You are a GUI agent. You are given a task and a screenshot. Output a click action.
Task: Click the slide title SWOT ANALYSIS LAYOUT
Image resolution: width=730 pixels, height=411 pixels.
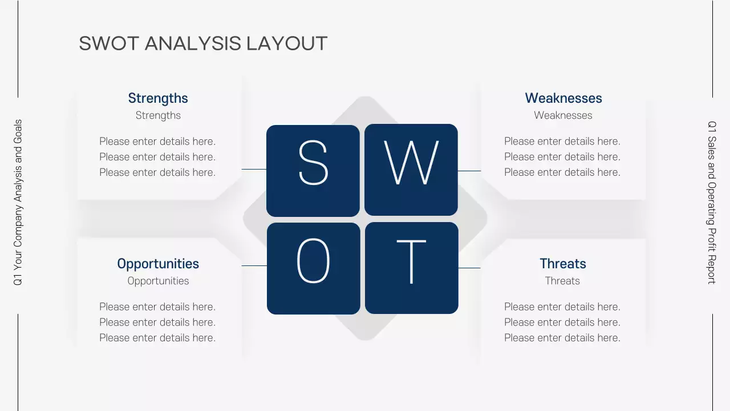click(x=203, y=43)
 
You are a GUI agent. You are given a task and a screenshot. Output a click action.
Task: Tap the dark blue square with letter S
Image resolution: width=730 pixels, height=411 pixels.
click(x=313, y=171)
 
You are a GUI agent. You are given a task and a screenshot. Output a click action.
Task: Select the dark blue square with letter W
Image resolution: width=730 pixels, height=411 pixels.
click(x=411, y=170)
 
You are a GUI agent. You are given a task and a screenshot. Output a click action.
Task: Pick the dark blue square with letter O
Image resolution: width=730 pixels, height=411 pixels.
click(x=314, y=268)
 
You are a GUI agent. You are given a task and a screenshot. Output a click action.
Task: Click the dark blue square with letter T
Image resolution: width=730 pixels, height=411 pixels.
click(x=412, y=268)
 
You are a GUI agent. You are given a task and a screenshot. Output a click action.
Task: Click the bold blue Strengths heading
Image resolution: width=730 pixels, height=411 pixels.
click(x=158, y=98)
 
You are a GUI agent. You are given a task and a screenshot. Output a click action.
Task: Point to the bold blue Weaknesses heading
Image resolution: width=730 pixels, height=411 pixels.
click(x=563, y=98)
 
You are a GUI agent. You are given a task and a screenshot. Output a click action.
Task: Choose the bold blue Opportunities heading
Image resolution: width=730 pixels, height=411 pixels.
click(x=158, y=264)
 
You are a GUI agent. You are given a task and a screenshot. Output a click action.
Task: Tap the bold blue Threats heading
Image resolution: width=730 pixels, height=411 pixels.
click(x=563, y=264)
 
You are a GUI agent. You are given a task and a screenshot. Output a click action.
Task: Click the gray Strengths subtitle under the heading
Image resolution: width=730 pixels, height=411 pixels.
click(x=158, y=115)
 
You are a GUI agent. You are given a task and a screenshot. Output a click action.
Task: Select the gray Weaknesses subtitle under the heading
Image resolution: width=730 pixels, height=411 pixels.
click(x=563, y=115)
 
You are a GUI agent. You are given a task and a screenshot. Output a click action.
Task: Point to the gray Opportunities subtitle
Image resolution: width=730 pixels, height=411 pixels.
click(x=158, y=281)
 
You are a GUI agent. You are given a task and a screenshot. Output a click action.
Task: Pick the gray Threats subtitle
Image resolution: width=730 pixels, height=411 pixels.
click(x=562, y=281)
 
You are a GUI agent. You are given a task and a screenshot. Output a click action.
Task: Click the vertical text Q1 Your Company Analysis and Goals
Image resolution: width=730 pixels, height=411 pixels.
click(x=18, y=203)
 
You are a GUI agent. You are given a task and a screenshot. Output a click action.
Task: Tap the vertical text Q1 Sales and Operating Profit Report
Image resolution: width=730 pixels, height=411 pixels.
click(x=712, y=202)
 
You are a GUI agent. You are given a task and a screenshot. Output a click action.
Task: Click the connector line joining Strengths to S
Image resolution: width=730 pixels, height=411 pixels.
click(x=254, y=169)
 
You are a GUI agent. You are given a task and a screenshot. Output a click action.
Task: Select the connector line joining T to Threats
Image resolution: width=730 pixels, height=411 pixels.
click(x=469, y=268)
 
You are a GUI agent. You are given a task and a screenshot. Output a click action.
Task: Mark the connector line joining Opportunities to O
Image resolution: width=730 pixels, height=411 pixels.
click(x=254, y=265)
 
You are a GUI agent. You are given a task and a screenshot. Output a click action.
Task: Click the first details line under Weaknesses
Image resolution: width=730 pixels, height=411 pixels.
click(x=562, y=141)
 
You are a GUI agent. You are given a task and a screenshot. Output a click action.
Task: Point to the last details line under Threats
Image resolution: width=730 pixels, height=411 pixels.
click(x=562, y=338)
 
